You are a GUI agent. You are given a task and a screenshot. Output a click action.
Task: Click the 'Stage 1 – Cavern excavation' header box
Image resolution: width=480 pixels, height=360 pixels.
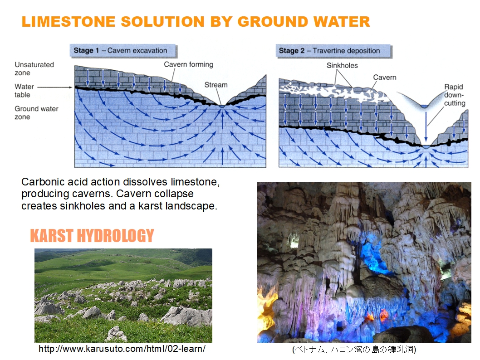pos(123,51)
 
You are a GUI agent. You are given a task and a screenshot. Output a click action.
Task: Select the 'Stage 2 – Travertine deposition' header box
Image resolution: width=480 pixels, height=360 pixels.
pos(334,51)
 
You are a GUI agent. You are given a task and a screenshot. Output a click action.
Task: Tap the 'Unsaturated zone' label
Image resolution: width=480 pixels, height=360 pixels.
pos(34,69)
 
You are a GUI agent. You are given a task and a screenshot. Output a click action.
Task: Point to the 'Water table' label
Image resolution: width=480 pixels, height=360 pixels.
pos(24,91)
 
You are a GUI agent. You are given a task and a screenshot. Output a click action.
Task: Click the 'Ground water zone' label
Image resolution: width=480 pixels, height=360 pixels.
pos(36,113)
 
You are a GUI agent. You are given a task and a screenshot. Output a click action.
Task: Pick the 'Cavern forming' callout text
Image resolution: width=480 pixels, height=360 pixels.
pos(189,64)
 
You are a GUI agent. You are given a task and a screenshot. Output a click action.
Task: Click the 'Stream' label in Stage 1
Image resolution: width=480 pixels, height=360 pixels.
pos(216,85)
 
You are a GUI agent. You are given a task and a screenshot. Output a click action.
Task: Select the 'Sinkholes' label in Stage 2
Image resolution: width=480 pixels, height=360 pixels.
pos(342,65)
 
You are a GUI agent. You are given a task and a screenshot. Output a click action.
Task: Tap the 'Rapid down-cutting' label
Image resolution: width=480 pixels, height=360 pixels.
pos(455,95)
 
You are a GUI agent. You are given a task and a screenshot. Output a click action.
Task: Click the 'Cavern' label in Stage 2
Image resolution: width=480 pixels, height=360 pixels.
pos(384,78)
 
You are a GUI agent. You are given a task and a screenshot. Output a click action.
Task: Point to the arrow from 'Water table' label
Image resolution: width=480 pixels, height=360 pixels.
pos(55,87)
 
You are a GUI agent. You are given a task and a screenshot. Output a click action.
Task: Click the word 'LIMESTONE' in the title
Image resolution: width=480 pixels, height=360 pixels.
pos(68,22)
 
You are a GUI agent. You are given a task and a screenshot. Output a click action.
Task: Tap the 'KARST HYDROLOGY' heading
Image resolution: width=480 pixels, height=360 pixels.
pos(92,236)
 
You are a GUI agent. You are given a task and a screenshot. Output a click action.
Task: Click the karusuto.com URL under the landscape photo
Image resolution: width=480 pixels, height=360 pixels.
pos(122,349)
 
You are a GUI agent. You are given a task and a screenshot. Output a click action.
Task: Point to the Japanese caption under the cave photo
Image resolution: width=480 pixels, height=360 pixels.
pos(354,349)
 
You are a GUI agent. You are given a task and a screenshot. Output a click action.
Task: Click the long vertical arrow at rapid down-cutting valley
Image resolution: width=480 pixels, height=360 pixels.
pos(426,126)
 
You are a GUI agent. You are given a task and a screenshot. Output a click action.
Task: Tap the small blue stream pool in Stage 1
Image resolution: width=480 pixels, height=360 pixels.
pos(222,106)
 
